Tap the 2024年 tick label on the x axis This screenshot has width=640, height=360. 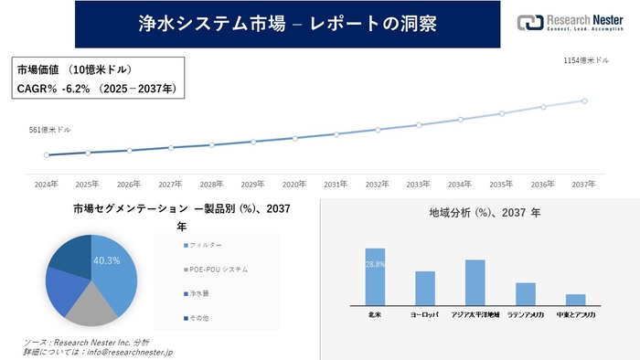(x=46, y=184)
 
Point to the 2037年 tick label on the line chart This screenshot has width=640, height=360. (x=584, y=184)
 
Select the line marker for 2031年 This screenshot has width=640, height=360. (x=336, y=134)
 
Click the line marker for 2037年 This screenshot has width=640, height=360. (x=584, y=101)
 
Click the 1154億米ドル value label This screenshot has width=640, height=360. (x=586, y=60)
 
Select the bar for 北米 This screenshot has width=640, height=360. (x=375, y=277)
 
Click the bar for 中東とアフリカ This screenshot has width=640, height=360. (x=575, y=300)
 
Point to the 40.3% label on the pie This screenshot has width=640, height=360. (x=107, y=260)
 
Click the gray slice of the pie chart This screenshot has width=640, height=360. (x=92, y=308)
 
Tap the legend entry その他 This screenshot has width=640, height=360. (x=199, y=318)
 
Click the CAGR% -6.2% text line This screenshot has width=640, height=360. (x=97, y=89)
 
